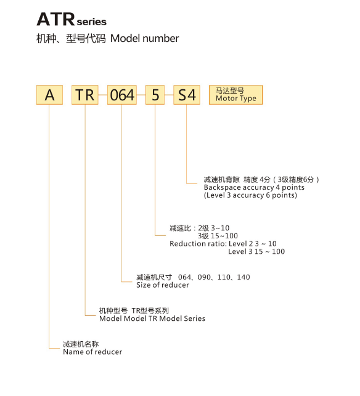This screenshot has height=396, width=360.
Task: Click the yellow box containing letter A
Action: click(49, 95)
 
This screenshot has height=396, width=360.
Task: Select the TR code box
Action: click(85, 95)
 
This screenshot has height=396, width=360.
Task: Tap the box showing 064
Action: click(122, 95)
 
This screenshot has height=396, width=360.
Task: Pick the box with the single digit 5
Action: click(155, 95)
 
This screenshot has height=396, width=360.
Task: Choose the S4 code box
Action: click(187, 95)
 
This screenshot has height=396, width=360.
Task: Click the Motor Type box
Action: click(236, 95)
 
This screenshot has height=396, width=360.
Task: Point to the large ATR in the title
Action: click(56, 19)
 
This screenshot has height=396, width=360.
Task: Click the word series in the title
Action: click(91, 22)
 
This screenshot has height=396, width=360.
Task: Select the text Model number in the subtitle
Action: click(145, 38)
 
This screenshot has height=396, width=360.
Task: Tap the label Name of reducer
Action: click(92, 352)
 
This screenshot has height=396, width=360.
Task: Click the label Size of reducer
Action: click(163, 285)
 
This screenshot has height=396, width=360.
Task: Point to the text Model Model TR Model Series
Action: click(152, 318)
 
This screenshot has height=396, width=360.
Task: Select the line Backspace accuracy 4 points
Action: click(254, 187)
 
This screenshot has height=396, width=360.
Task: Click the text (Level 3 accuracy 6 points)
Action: click(250, 195)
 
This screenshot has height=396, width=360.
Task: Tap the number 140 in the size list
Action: click(243, 277)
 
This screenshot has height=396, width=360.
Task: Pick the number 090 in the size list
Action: click(204, 277)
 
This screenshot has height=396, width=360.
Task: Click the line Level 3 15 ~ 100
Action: click(256, 251)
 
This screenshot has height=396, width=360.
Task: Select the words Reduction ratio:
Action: click(198, 244)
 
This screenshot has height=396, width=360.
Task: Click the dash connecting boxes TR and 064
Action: click(103, 95)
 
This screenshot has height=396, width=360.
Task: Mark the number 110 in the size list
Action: click(224, 277)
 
